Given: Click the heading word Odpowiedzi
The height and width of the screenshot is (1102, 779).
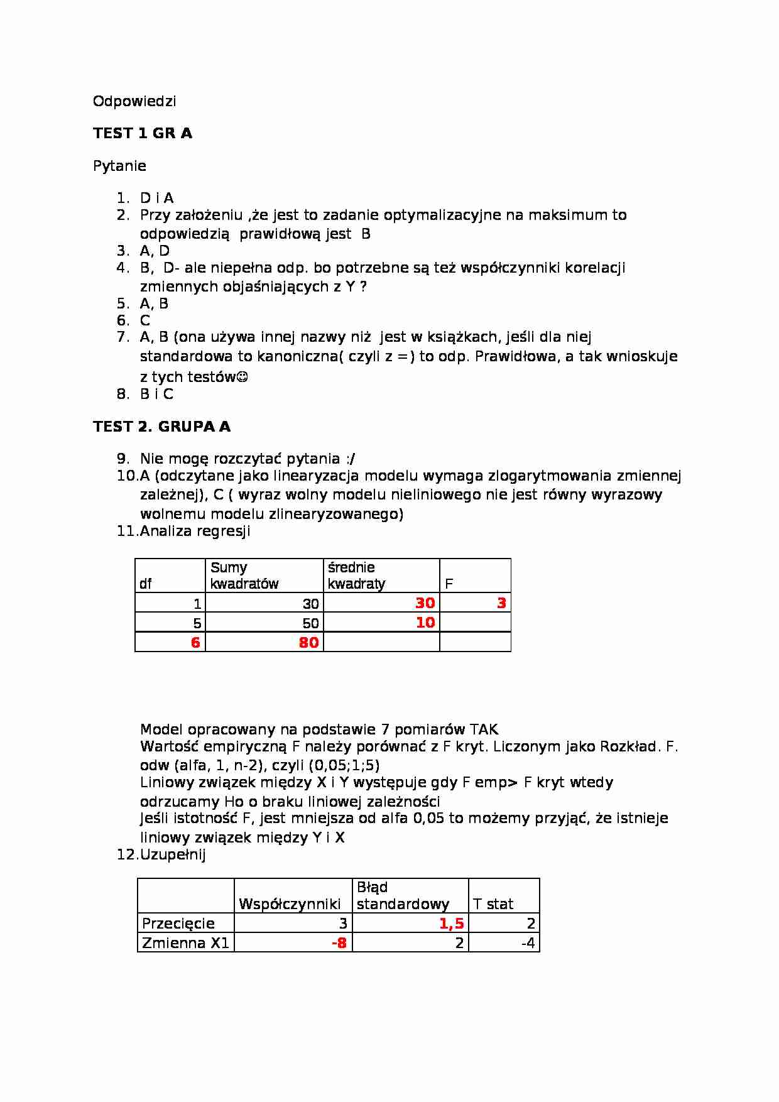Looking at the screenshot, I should point(134,101).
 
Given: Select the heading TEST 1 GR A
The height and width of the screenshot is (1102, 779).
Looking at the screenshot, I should point(143,133).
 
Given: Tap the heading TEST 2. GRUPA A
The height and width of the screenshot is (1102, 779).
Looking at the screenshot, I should point(161,427).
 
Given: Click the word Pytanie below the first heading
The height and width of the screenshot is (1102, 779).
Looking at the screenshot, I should point(119,166).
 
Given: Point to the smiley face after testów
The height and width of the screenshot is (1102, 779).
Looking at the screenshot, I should point(242,377).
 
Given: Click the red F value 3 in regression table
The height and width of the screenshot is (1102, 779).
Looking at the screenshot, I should point(501,603).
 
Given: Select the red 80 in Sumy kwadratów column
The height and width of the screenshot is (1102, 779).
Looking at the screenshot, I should point(308,642).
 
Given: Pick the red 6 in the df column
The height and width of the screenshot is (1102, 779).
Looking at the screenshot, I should point(195,642).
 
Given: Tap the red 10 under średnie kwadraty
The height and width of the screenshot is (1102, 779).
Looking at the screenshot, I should point(425,623).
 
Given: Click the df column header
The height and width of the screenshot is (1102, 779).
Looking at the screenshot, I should point(145,584).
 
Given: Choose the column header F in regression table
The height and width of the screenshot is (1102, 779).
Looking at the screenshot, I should point(449,584).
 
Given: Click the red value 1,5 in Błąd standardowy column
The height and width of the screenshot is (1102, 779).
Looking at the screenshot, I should point(451,923).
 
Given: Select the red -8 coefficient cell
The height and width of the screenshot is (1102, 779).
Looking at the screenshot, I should point(339,942).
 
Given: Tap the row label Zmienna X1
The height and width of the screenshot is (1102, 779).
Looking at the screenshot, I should point(185,942).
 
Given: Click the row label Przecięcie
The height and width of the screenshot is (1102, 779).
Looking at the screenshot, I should point(178,923).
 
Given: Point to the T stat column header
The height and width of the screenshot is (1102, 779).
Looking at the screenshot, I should point(493,904).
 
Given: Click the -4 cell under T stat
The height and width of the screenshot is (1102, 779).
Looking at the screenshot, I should point(528,942).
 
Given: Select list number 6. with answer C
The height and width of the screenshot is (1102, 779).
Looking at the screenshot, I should point(134,320).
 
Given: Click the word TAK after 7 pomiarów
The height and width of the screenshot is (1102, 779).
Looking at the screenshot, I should point(484,729).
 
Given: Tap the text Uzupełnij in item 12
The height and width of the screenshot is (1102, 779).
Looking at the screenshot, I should point(173,854).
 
